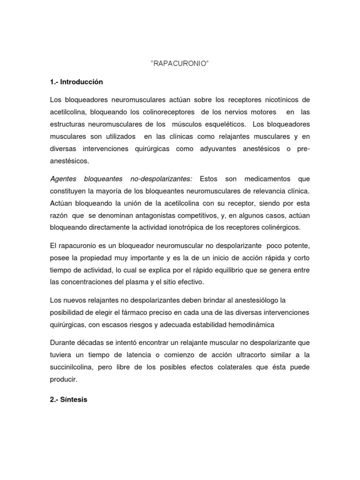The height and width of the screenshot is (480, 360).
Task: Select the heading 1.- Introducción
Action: pyautogui.click(x=76, y=82)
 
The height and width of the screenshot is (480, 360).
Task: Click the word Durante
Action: pyautogui.click(x=63, y=342)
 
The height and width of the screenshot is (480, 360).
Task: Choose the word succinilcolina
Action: pyautogui.click(x=71, y=367)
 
